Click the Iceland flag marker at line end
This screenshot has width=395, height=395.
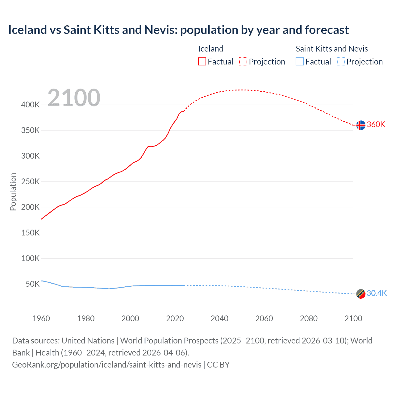(x=361, y=125)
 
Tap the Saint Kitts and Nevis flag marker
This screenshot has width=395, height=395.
(x=361, y=294)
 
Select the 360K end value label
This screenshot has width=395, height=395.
(x=376, y=124)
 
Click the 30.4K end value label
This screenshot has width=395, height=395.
(x=376, y=293)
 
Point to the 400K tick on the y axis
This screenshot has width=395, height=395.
(x=30, y=105)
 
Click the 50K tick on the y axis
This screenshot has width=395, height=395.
(x=32, y=284)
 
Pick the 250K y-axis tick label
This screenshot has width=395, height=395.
(x=30, y=181)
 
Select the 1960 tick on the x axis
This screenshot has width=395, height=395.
(x=41, y=318)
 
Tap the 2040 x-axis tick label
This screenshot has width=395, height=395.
(x=219, y=318)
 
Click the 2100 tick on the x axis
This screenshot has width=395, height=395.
(x=353, y=318)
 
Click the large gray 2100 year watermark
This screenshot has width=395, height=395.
(x=74, y=98)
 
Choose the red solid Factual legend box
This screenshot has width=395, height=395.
(x=202, y=61)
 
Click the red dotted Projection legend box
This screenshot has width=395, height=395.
(x=243, y=61)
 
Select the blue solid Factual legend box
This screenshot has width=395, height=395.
(x=300, y=61)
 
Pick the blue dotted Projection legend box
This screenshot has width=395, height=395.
(x=341, y=61)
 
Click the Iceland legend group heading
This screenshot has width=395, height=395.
(x=210, y=49)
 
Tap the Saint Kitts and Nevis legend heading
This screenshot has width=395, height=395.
(x=332, y=49)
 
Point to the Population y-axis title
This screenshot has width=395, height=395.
(x=13, y=192)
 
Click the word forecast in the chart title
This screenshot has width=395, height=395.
(x=327, y=30)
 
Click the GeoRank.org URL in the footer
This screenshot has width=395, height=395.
(x=107, y=364)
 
